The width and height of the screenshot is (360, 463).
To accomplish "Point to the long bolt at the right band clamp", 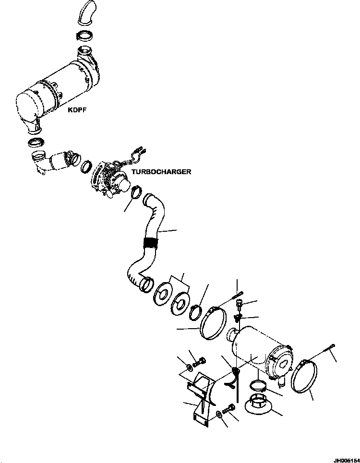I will (329, 348).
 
